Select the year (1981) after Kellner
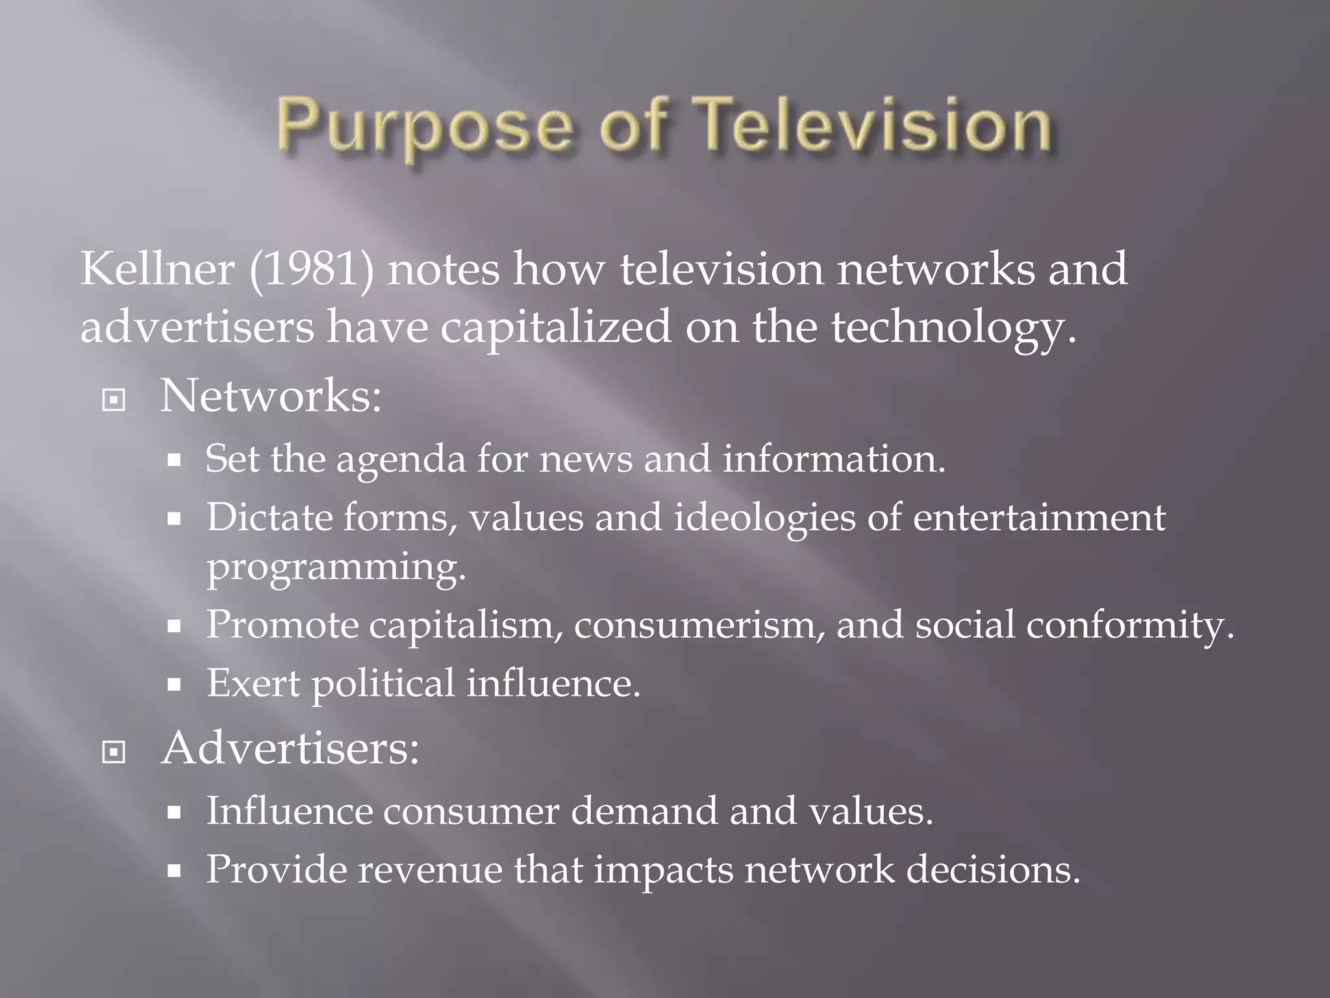tap(312, 270)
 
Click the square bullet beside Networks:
tap(114, 400)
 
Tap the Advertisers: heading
tap(290, 748)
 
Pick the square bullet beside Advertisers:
tap(114, 752)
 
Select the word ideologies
tap(764, 518)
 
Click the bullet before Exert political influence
tap(173, 684)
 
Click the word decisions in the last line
tap(993, 869)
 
